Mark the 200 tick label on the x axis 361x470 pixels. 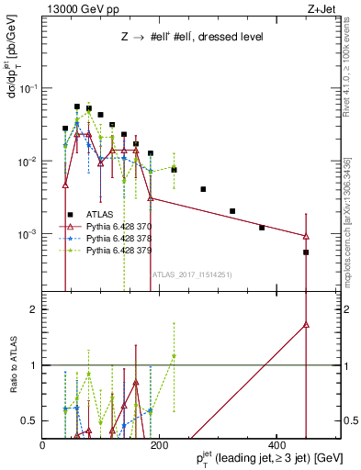(x=158, y=444)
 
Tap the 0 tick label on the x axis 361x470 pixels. (x=42, y=444)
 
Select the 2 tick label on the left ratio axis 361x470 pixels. (x=33, y=309)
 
